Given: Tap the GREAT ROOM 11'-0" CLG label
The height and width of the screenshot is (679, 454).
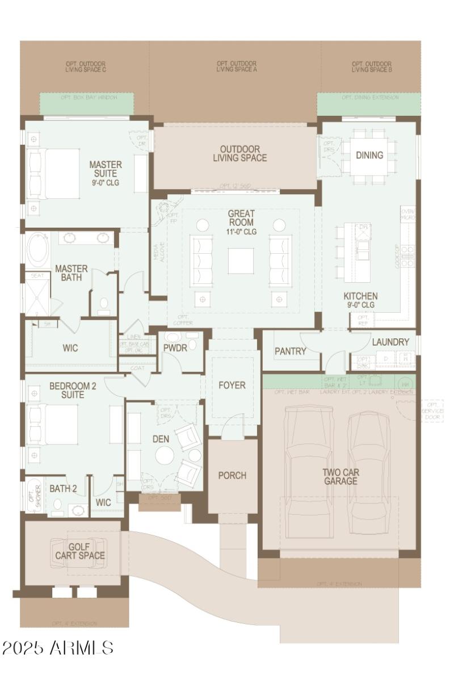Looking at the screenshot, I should tap(241, 223).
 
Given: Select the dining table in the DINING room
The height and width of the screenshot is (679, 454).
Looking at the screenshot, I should tap(369, 156).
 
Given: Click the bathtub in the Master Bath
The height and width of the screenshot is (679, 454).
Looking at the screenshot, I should tap(38, 251).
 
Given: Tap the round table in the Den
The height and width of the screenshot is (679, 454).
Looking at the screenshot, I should tap(165, 455).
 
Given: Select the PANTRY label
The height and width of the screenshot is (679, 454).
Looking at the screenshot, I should tap(290, 351).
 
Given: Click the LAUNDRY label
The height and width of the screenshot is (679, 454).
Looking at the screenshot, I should tap(390, 342).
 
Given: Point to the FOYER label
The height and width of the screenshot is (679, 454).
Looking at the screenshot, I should tap(232, 385).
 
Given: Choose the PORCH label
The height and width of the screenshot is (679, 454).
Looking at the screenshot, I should tap(232, 475).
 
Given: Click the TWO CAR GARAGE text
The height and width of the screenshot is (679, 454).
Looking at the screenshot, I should tap(340, 476).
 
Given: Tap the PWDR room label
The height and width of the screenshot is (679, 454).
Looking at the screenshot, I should tap(175, 347).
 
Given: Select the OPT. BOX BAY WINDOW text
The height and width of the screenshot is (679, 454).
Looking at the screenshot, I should tap(89, 98).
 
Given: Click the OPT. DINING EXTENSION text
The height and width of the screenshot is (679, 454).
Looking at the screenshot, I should tap(369, 98).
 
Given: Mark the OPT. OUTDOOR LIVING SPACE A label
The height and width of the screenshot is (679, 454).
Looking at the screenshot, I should tap(236, 66).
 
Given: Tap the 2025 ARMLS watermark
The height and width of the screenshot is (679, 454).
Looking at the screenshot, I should tap(57, 648).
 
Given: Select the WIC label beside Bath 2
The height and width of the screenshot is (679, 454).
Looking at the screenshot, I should tap(103, 502).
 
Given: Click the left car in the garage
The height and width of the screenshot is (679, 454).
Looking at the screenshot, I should tap(309, 471).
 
